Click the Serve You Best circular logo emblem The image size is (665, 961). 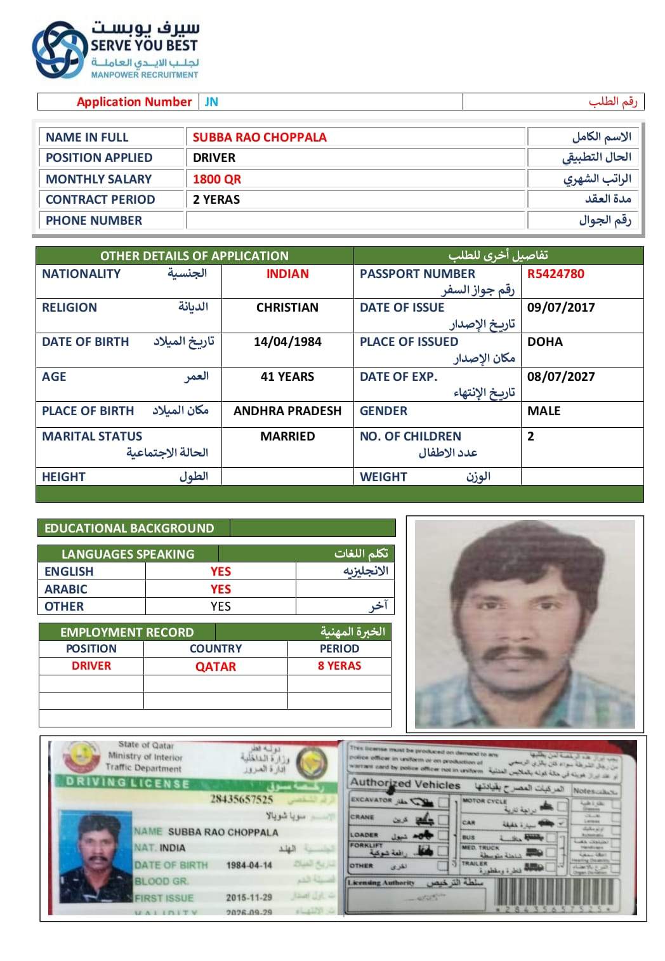point(59,50)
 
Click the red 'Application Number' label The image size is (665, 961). point(134,102)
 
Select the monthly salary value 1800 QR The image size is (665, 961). point(217,179)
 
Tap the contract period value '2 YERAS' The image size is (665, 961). point(216,199)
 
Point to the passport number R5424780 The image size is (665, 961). point(555,274)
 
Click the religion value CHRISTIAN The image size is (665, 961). point(287,307)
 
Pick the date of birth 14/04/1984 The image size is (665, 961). point(287,341)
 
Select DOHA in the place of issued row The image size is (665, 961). point(544,341)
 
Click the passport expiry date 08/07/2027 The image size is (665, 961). point(561,376)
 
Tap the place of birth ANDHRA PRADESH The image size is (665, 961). point(287,411)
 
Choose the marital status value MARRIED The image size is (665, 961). point(287,436)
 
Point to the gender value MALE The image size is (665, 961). point(544,411)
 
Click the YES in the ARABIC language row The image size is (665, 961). point(220,589)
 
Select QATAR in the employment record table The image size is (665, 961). point(215,666)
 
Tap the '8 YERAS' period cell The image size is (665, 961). point(339,666)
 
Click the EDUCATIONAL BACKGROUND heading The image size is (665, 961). point(129,528)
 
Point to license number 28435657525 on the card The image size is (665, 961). point(241,799)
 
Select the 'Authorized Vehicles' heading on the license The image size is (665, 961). point(405,784)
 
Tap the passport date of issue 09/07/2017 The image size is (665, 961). point(561,307)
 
